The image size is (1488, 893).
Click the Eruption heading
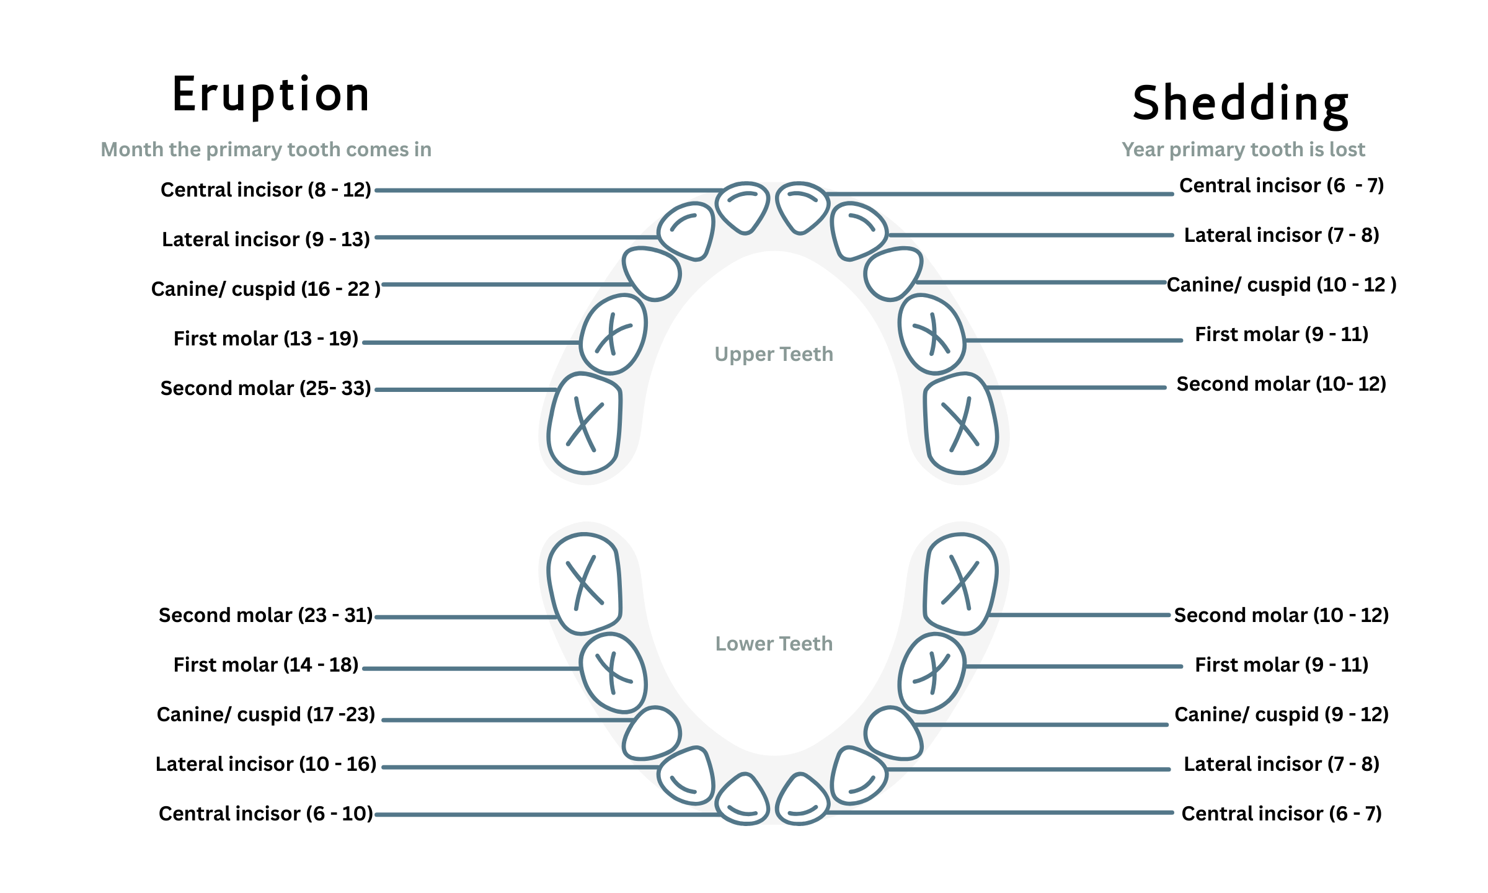(x=271, y=95)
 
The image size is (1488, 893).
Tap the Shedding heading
(x=1241, y=104)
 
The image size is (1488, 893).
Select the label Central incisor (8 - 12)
(x=266, y=189)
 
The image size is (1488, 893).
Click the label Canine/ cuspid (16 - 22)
(x=266, y=288)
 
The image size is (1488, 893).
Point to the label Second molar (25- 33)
(x=266, y=388)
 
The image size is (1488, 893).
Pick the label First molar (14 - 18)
(x=266, y=664)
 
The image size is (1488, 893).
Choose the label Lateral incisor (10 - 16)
(x=266, y=763)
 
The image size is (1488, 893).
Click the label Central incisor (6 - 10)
(x=266, y=813)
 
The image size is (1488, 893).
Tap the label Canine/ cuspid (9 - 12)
(x=1282, y=714)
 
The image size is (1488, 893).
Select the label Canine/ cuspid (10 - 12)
(x=1282, y=285)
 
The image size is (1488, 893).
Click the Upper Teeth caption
(x=774, y=354)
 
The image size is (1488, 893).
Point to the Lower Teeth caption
(x=774, y=644)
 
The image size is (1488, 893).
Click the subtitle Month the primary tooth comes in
(x=266, y=149)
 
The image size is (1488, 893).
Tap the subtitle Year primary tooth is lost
(x=1243, y=149)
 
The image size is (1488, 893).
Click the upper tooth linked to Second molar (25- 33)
(x=584, y=424)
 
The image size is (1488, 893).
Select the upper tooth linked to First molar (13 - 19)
(x=613, y=334)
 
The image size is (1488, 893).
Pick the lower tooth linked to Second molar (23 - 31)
(x=584, y=584)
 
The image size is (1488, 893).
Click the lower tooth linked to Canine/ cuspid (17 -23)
(x=652, y=734)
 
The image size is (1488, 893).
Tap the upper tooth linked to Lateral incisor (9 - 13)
(x=687, y=231)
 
